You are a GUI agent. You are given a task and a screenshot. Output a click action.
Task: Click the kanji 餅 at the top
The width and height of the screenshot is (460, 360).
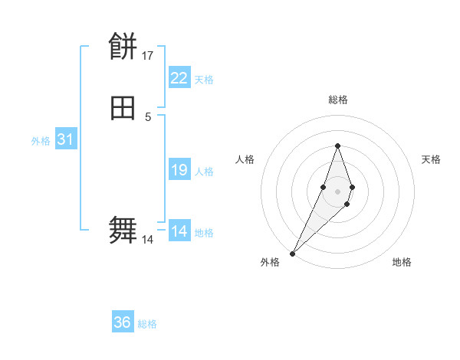[123, 47]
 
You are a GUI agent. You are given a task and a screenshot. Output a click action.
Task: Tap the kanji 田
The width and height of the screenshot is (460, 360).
[123, 108]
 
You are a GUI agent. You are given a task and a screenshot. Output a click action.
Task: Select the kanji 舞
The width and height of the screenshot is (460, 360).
[123, 231]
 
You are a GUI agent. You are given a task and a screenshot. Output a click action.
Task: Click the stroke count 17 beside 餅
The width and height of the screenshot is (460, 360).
[148, 56]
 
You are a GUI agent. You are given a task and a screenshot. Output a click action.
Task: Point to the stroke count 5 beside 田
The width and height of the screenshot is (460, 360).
[148, 116]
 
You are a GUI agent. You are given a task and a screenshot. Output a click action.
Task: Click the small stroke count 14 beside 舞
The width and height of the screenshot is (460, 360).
[148, 240]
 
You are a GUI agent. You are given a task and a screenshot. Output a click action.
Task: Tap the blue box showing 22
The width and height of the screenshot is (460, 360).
[179, 78]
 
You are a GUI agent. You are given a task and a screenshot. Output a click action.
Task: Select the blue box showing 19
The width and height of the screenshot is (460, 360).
[179, 170]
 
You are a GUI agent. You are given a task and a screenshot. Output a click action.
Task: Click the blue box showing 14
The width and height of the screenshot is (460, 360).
[179, 231]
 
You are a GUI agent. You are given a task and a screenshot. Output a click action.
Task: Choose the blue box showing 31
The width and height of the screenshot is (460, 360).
[65, 140]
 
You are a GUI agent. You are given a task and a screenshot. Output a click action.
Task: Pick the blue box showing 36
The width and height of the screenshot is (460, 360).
[123, 322]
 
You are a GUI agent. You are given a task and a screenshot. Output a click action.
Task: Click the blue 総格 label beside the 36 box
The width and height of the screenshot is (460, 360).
[148, 324]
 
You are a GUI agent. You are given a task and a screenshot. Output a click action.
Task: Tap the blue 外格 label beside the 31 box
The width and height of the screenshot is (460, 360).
[41, 141]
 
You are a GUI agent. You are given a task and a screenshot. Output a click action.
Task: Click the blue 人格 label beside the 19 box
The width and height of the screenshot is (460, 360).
[205, 172]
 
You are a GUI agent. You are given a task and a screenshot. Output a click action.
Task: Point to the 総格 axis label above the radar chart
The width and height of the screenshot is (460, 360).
[337, 100]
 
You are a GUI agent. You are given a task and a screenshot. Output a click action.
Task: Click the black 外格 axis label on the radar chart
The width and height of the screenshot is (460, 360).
[270, 263]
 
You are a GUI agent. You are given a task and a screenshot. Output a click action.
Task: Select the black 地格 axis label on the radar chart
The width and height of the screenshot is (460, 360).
[402, 263]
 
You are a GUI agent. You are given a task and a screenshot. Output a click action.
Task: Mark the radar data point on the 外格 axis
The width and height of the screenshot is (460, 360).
[293, 253]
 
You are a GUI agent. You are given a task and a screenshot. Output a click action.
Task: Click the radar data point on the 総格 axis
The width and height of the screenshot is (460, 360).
[337, 146]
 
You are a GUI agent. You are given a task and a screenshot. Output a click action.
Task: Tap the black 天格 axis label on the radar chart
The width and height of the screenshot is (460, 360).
[431, 159]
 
